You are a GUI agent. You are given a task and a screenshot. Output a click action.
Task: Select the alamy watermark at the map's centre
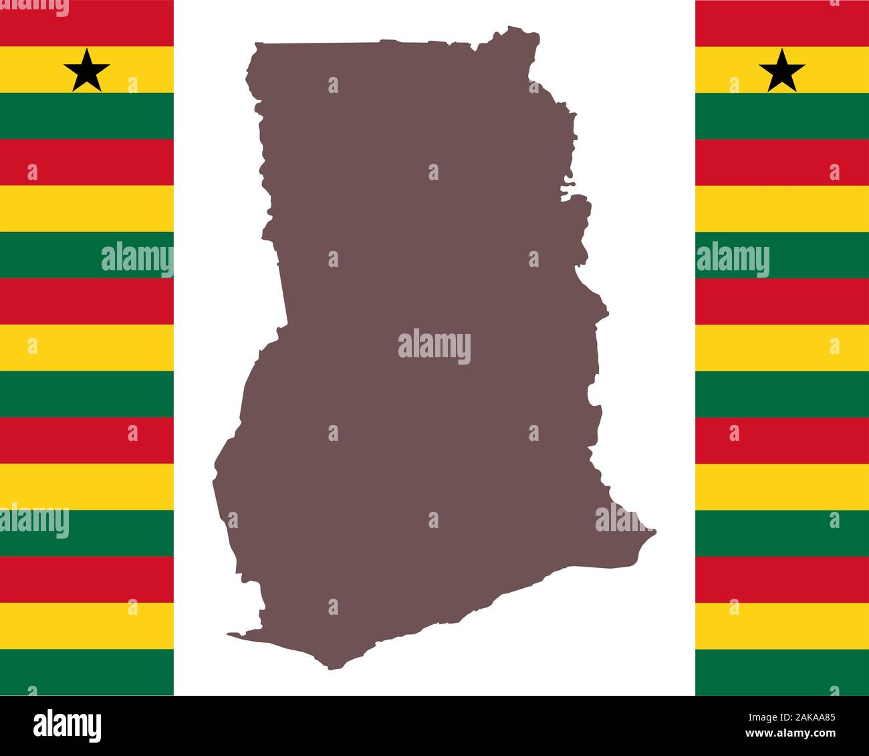[x=434, y=347]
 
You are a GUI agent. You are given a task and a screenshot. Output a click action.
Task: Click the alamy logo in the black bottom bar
[x=68, y=725]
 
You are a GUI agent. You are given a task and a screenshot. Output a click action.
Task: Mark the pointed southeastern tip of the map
[x=655, y=532]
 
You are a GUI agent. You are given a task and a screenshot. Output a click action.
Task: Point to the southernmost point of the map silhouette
[x=332, y=668]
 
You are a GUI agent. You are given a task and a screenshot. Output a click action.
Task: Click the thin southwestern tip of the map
[x=229, y=634]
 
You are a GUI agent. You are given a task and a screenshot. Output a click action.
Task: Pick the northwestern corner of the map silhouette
[x=255, y=44]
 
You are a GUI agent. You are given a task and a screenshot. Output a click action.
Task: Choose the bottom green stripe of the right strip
[x=782, y=672]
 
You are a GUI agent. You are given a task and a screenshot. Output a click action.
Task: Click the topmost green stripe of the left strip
[x=87, y=115]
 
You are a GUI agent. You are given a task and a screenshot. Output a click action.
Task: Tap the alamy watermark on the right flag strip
[x=733, y=260]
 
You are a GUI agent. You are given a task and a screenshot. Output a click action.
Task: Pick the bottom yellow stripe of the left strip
[x=87, y=626]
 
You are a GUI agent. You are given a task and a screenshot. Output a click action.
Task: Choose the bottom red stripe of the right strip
[x=782, y=579]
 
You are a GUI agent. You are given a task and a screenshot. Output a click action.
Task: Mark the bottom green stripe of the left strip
[x=87, y=672]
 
